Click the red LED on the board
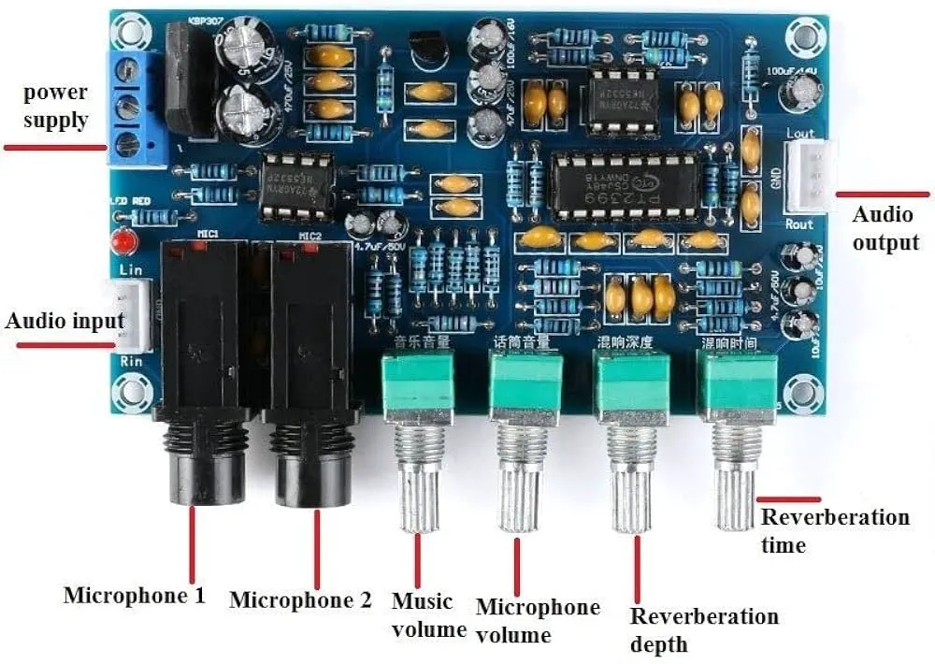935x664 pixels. pos(120,242)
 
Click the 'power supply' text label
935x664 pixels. pos(56,106)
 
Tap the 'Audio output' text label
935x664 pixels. pos(884,228)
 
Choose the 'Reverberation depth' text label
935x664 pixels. pos(703,629)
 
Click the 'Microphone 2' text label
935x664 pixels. pos(300,599)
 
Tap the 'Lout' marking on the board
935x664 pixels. pos(800,133)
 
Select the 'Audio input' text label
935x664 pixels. pos(65,321)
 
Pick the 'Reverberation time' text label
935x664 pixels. pos(834,530)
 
